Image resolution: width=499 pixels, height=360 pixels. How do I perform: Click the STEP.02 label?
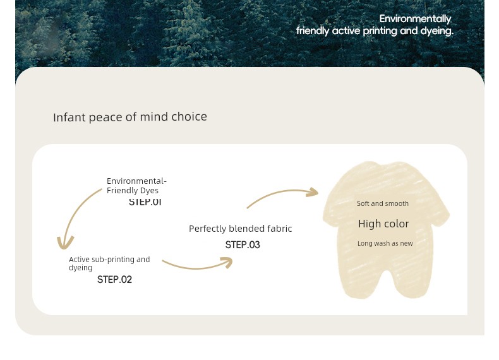click(x=114, y=279)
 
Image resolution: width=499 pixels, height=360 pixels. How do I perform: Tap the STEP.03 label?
click(x=243, y=245)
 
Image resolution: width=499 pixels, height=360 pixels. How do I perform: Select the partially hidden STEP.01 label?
click(x=145, y=202)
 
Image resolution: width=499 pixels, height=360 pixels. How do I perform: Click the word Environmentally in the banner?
click(x=415, y=19)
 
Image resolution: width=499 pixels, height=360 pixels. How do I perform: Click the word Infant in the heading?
click(x=69, y=117)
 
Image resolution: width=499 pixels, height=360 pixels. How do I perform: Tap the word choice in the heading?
click(x=189, y=116)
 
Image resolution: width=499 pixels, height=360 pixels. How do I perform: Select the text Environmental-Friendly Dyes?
click(x=136, y=186)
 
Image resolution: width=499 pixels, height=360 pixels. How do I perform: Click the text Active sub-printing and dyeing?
click(x=109, y=263)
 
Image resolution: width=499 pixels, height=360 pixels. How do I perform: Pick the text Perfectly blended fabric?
click(x=240, y=229)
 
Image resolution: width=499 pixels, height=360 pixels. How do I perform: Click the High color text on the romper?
click(x=383, y=224)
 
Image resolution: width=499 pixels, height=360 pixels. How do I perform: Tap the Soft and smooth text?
click(x=383, y=203)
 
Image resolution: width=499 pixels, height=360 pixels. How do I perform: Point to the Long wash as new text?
click(x=385, y=244)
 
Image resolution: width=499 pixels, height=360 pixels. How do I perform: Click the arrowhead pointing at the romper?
click(x=312, y=192)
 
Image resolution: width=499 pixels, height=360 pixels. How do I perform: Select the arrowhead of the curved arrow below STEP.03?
click(x=227, y=263)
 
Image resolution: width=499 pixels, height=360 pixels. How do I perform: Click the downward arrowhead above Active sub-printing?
click(x=65, y=243)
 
